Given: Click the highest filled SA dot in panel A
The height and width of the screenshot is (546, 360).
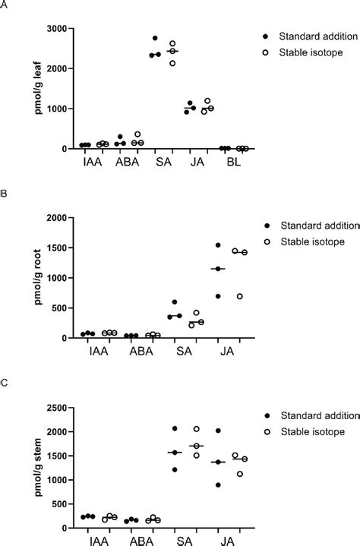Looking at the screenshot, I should click(x=155, y=38).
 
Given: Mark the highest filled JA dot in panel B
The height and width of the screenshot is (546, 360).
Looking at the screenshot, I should click(x=217, y=245).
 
